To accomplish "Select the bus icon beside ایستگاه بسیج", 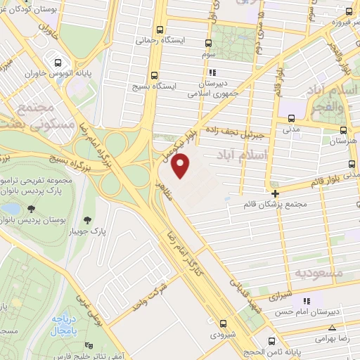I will pos(154,75).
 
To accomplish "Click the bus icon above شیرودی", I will pos(223,323).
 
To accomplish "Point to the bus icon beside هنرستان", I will pos(342,130).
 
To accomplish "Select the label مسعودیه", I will pos(319,271).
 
